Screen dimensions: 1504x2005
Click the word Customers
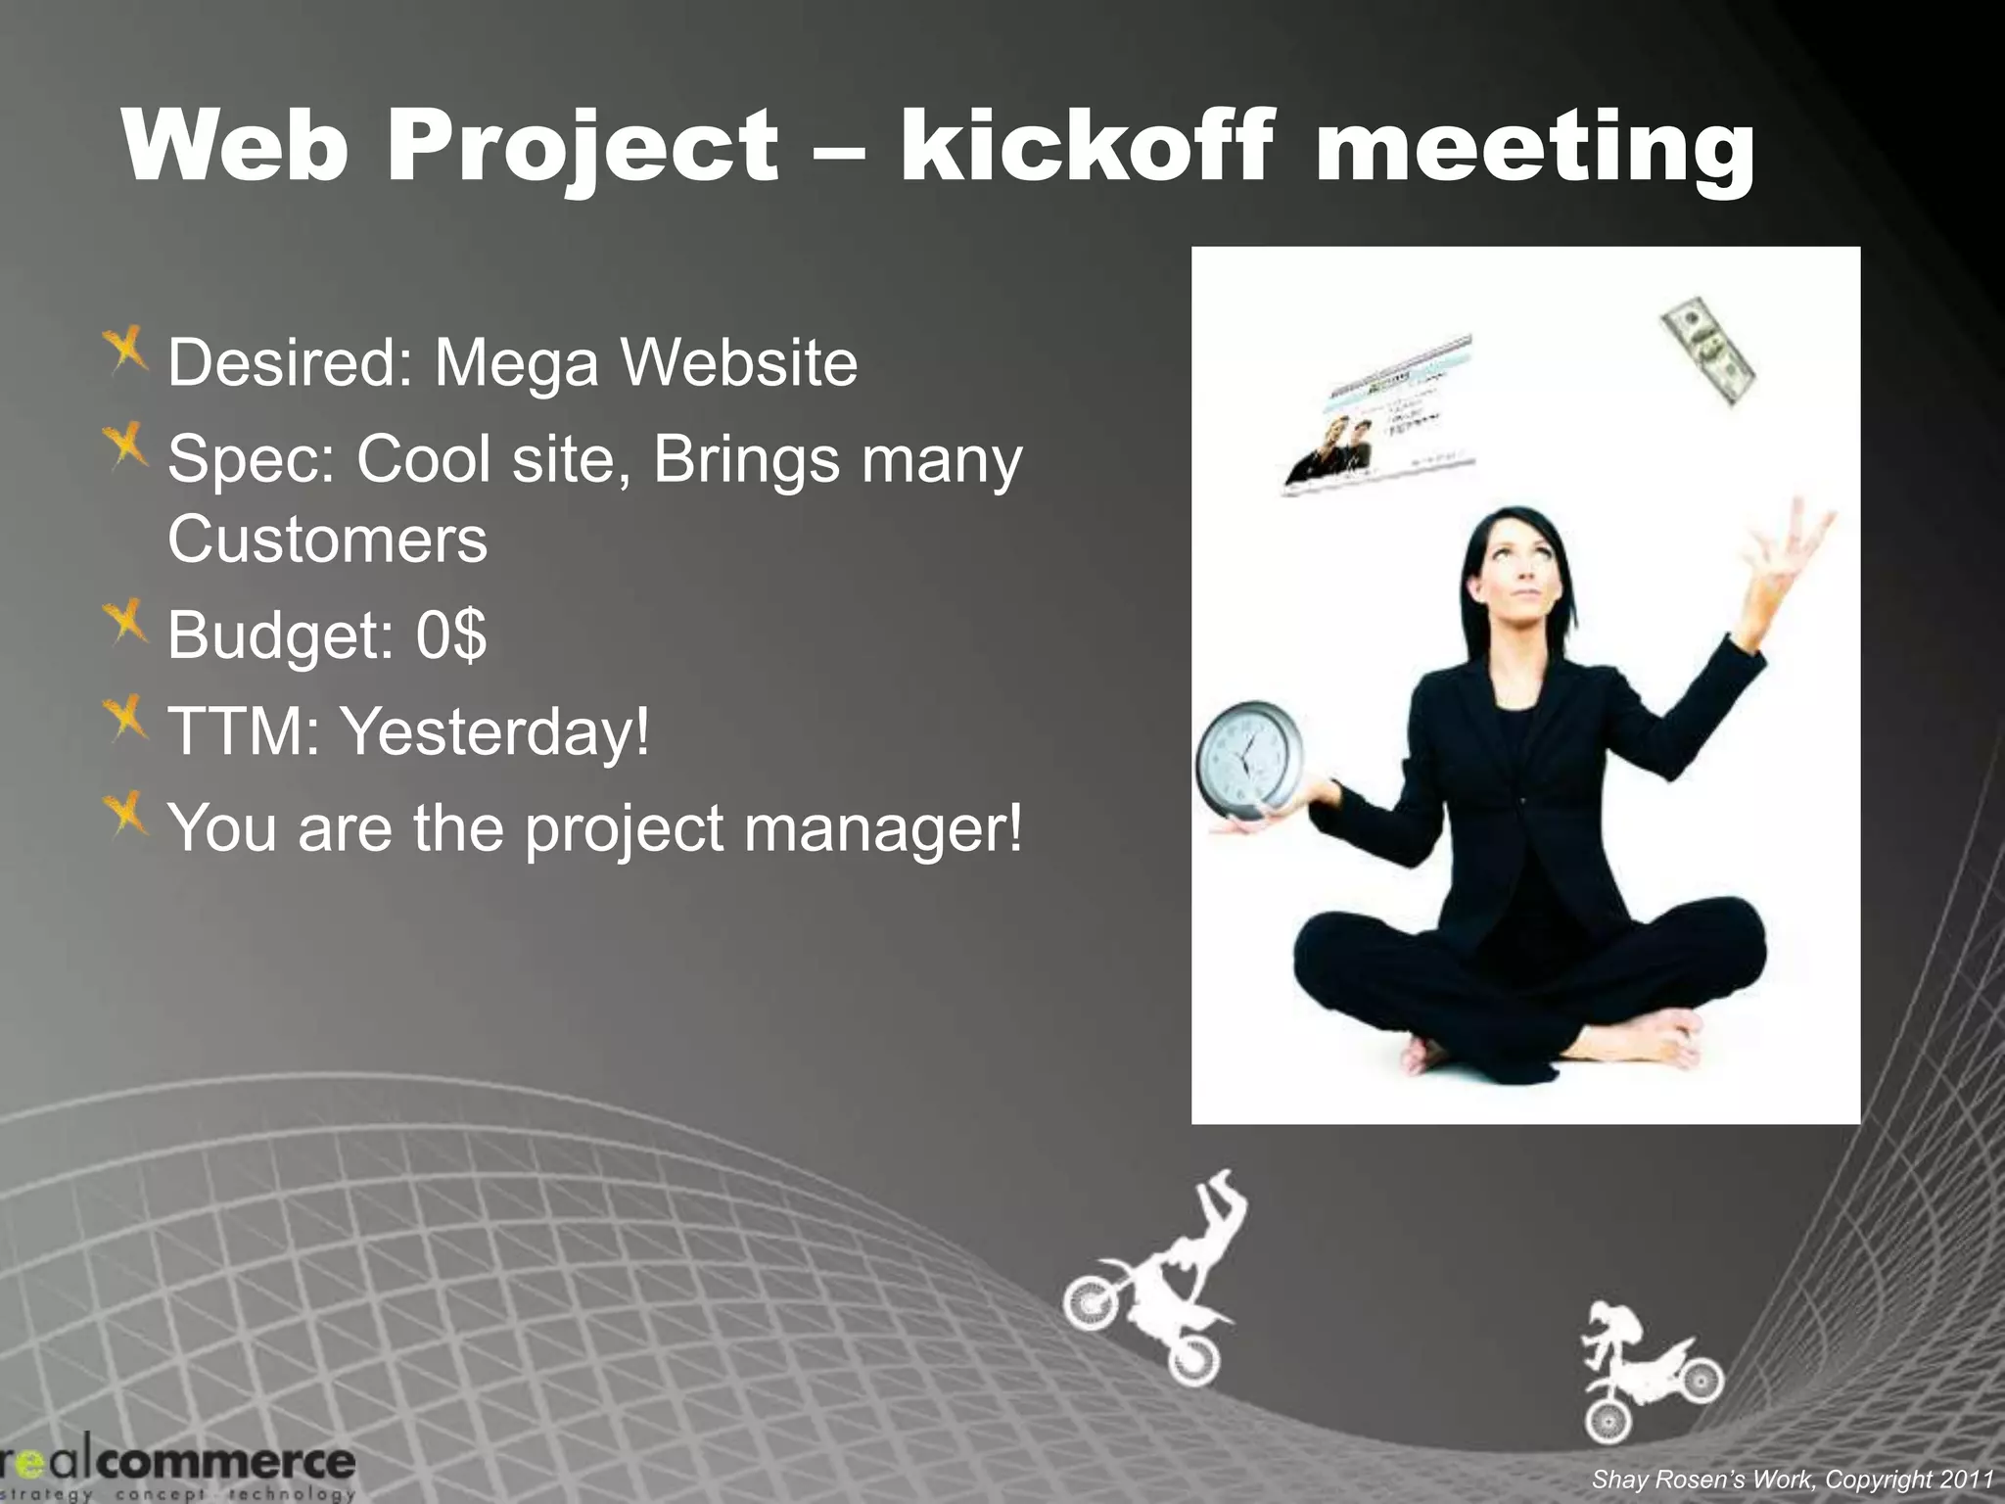coord(327,540)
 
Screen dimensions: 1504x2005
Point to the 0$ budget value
coord(450,634)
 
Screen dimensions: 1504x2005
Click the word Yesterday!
coord(494,730)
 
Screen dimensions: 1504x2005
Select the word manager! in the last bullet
coord(883,827)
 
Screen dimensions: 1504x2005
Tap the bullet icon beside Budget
coord(125,623)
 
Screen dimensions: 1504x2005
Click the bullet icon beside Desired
coord(125,350)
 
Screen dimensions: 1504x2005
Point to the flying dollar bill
coord(1706,350)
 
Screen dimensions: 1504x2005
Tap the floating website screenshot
coord(1378,415)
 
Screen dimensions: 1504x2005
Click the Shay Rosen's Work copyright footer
coord(1792,1479)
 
